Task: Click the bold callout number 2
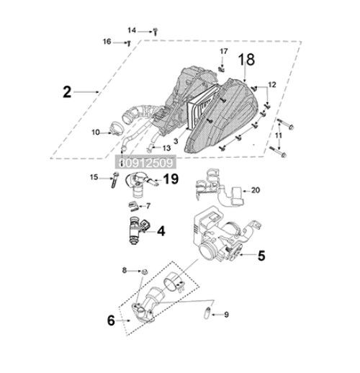coord(66,92)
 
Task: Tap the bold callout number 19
coord(171,179)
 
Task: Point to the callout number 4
coord(161,231)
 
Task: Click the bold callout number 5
coord(261,254)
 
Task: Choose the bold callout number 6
coord(111,320)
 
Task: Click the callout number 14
coord(132,30)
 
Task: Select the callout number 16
coord(107,42)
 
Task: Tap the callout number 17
coord(223,52)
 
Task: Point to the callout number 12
coord(271,85)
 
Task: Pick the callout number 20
coord(256,191)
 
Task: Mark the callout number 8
coord(124,270)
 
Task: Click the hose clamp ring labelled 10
coord(114,130)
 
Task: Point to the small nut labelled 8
coord(143,271)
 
